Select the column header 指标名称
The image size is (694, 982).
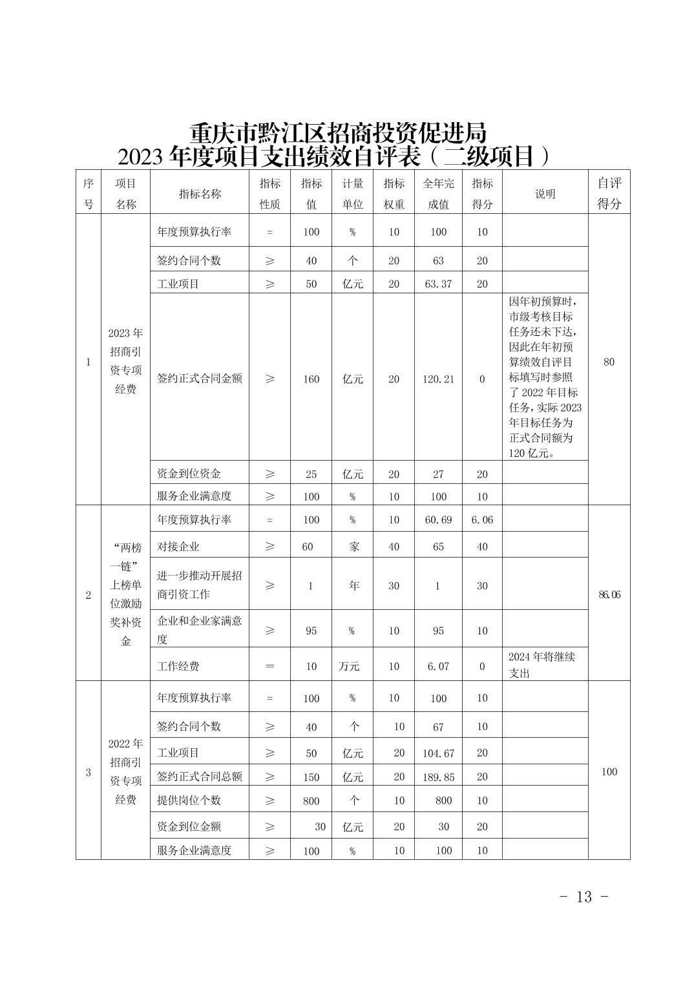coord(200,194)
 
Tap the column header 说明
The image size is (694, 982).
coord(545,194)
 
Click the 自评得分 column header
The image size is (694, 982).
coord(609,193)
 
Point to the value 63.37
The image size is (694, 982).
coord(438,284)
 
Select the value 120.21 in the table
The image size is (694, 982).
coord(438,379)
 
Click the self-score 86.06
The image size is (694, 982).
coord(609,594)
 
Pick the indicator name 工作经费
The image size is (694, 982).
coord(178,665)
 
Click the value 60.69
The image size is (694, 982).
coord(438,519)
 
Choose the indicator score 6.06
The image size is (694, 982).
coord(482,519)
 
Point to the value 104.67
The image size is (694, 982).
coord(438,753)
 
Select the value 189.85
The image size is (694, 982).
coord(438,777)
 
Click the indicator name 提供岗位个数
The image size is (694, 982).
coord(189,800)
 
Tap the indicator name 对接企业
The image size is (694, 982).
coord(178,547)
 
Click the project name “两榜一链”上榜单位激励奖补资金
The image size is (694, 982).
coord(126,594)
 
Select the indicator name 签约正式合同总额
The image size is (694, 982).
coord(200,777)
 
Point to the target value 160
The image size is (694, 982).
coord(311,379)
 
